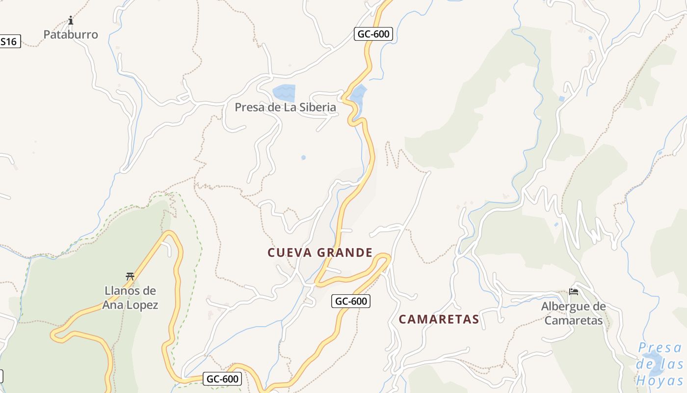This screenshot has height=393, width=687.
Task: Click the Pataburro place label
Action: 71,34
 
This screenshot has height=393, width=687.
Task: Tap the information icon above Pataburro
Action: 71,21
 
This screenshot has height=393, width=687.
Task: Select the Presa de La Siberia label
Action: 285,107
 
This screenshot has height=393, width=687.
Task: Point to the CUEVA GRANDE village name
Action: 320,253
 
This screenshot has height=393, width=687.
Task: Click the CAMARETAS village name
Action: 439,319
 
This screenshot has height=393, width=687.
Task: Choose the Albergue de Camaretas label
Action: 573,313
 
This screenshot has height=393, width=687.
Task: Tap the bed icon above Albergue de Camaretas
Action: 573,292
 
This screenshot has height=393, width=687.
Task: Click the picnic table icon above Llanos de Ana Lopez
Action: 130,276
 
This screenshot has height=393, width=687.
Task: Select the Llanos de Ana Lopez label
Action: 131,298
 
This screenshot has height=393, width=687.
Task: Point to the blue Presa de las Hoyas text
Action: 660,364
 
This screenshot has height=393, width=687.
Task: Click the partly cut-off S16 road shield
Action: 9,42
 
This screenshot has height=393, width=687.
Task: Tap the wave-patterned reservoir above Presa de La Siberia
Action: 284,92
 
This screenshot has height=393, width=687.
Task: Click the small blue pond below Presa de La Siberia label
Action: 303,158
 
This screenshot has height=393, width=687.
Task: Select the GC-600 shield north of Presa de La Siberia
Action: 373,34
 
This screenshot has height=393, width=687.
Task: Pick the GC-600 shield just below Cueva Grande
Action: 351,301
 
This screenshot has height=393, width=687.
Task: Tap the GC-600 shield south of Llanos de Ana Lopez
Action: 222,379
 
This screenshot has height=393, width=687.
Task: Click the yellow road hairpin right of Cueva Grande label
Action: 385,257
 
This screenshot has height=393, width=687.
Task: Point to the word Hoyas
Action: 660,380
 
